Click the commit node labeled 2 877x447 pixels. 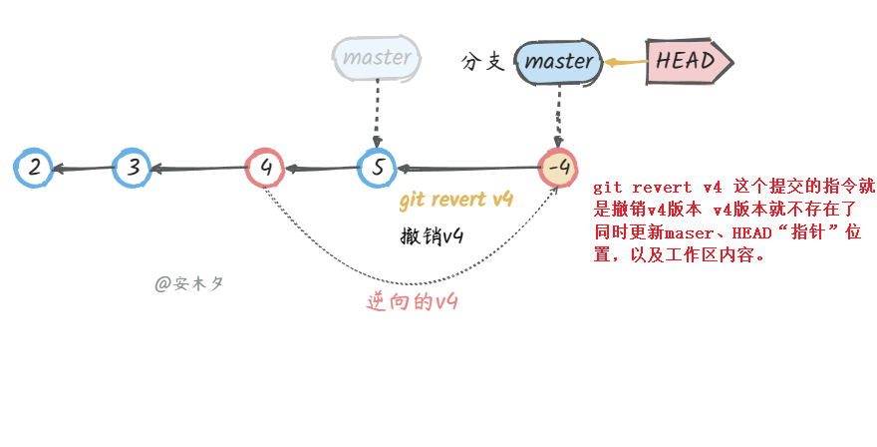[x=35, y=168]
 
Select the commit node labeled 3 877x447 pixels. [x=132, y=168]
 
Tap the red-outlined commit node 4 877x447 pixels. [x=265, y=168]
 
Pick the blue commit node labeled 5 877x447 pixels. [x=378, y=168]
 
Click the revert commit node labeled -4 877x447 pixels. [x=558, y=168]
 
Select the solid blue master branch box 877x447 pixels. [x=558, y=62]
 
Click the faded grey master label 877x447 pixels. [x=377, y=58]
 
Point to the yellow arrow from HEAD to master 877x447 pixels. [x=625, y=62]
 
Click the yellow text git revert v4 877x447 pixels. [x=455, y=201]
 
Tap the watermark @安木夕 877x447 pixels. [x=189, y=283]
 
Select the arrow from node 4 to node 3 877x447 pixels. [x=198, y=169]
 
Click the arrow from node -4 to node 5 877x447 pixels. [x=468, y=169]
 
